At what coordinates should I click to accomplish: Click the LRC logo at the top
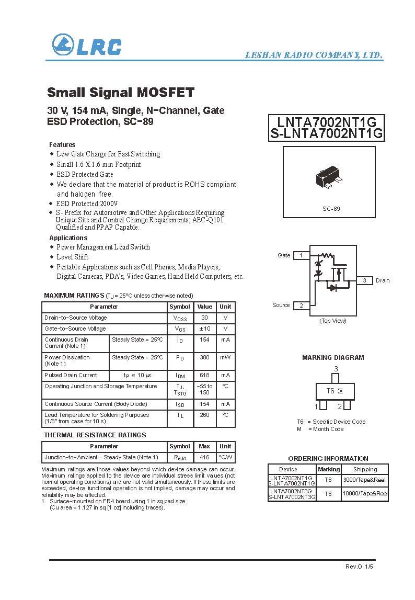86,46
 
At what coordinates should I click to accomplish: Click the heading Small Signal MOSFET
120,93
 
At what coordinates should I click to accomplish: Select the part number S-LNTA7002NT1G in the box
327,134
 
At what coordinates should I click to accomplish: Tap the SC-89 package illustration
329,179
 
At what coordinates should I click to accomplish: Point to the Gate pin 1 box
301,255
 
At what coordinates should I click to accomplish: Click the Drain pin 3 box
364,280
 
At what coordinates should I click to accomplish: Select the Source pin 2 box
301,305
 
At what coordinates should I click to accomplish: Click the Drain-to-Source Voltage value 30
204,318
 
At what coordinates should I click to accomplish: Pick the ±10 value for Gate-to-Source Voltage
204,329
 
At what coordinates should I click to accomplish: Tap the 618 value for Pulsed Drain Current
204,375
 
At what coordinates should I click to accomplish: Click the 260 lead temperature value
204,415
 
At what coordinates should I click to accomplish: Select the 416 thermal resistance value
204,457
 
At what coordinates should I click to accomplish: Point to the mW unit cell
225,357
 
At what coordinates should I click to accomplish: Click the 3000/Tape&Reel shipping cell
365,479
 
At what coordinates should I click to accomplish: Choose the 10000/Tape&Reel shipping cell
365,493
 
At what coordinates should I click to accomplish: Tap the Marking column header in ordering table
329,469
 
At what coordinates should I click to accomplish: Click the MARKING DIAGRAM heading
333,358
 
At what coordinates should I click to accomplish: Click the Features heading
62,144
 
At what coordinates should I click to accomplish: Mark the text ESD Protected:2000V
87,203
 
